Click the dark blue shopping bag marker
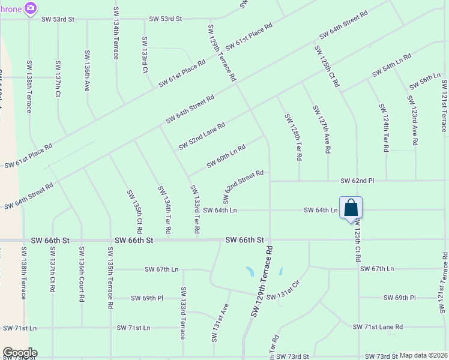click(351, 208)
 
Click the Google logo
click(19, 353)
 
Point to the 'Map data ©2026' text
click(424, 355)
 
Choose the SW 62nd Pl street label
click(357, 180)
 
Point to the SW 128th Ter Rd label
click(292, 137)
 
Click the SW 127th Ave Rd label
click(321, 130)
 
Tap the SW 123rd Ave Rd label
click(412, 121)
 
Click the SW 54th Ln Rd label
click(391, 65)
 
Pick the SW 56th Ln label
click(425, 80)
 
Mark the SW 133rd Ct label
click(145, 55)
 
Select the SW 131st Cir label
click(283, 291)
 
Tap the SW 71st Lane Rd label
click(378, 327)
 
